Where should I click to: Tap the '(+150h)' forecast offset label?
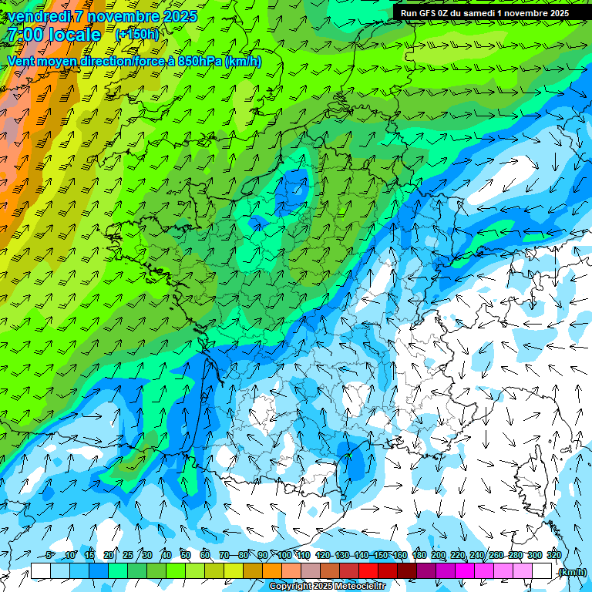136,34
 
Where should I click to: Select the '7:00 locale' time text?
54,35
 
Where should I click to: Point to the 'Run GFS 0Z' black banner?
484,12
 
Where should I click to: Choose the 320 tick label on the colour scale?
553,556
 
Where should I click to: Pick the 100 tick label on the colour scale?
284,556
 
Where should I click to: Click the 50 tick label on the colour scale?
186,556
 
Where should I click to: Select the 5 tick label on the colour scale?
50,556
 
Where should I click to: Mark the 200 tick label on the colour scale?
439,556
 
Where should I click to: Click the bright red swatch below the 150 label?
368,571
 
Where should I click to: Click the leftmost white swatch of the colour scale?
40,571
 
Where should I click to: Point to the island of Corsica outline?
531,478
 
